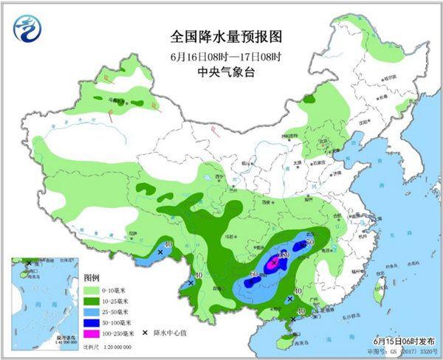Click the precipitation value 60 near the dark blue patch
click(x=255, y=274)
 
